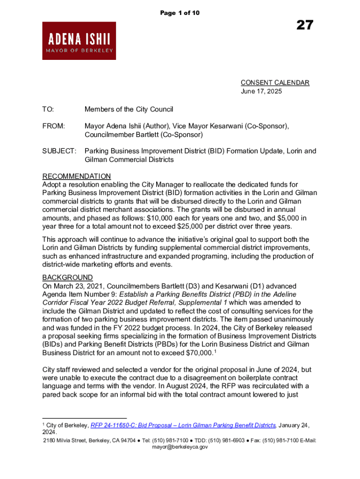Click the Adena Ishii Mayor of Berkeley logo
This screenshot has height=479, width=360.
pyautogui.click(x=79, y=41)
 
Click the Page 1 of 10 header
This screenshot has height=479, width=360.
pyautogui.click(x=180, y=13)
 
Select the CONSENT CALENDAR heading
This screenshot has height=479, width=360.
pyautogui.click(x=275, y=83)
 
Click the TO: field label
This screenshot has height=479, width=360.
pyautogui.click(x=48, y=109)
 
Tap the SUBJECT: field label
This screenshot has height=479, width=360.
pyautogui.click(x=59, y=151)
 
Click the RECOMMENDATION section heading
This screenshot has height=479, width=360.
pyautogui.click(x=77, y=176)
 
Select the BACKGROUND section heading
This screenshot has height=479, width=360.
pyautogui.click(x=67, y=277)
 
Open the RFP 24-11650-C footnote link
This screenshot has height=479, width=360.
pyautogui.click(x=183, y=425)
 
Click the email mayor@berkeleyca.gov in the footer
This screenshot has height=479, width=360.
pyautogui.click(x=180, y=447)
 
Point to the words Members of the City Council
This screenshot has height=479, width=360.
pyautogui.click(x=129, y=109)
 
